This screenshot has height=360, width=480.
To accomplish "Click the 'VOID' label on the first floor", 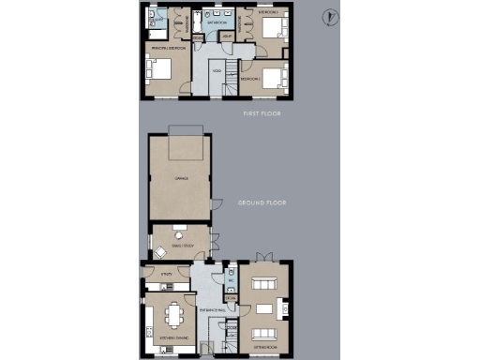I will [216, 71].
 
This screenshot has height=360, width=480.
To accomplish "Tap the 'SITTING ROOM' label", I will [264, 348].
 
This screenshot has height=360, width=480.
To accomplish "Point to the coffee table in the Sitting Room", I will [264, 308].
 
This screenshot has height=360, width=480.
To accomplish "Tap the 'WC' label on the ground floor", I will [230, 279].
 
